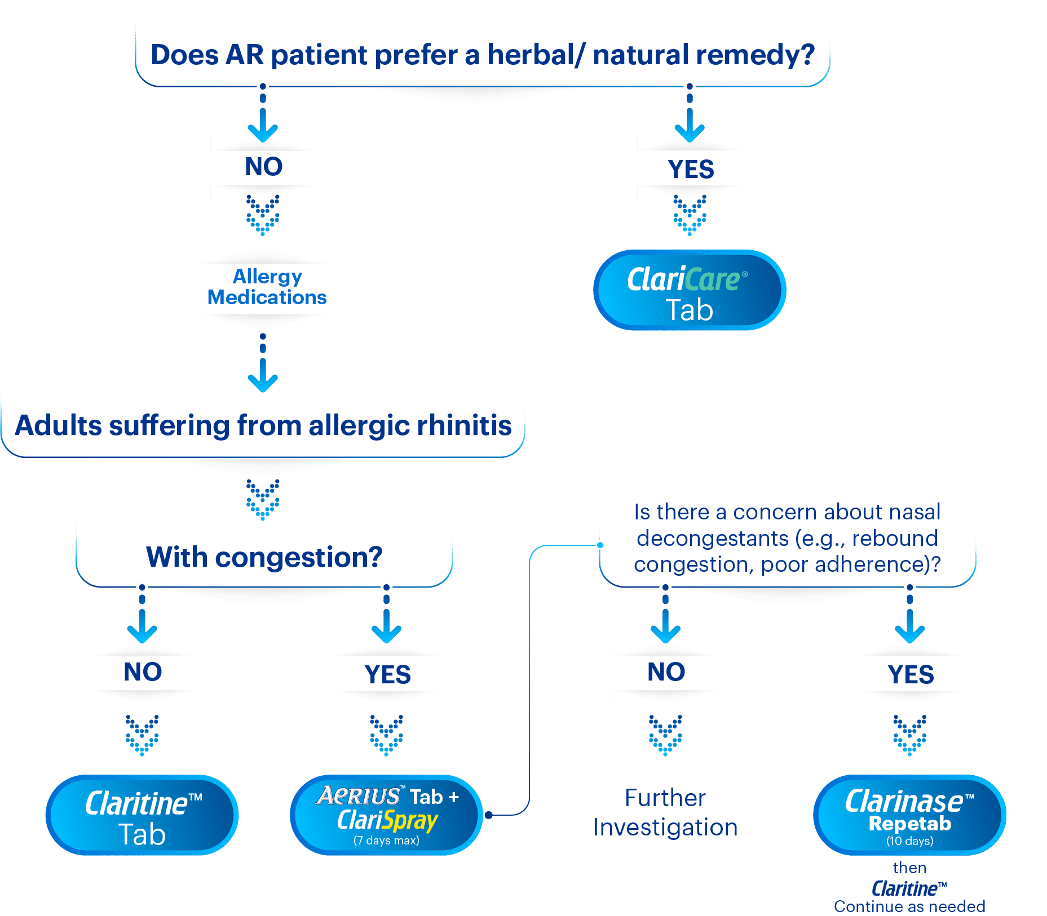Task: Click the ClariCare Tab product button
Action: click(689, 290)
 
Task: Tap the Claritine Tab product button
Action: click(142, 815)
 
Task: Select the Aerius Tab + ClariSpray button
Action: click(387, 815)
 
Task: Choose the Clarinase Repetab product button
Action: click(909, 815)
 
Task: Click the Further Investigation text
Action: click(665, 812)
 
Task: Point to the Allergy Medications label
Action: click(267, 287)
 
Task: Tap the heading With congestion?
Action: click(264, 557)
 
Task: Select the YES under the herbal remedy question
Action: click(690, 169)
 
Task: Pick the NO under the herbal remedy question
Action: click(263, 167)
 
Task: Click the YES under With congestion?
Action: click(387, 674)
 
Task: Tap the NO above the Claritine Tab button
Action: click(143, 672)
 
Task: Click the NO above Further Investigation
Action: click(666, 672)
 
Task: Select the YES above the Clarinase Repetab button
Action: click(910, 674)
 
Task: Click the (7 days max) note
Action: click(386, 841)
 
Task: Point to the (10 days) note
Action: click(909, 841)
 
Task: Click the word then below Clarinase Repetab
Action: click(909, 868)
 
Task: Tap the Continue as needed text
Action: click(909, 906)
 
